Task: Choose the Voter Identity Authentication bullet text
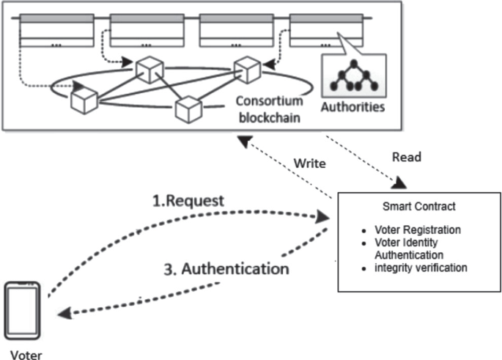click(x=414, y=249)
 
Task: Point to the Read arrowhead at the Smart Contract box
click(x=401, y=183)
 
